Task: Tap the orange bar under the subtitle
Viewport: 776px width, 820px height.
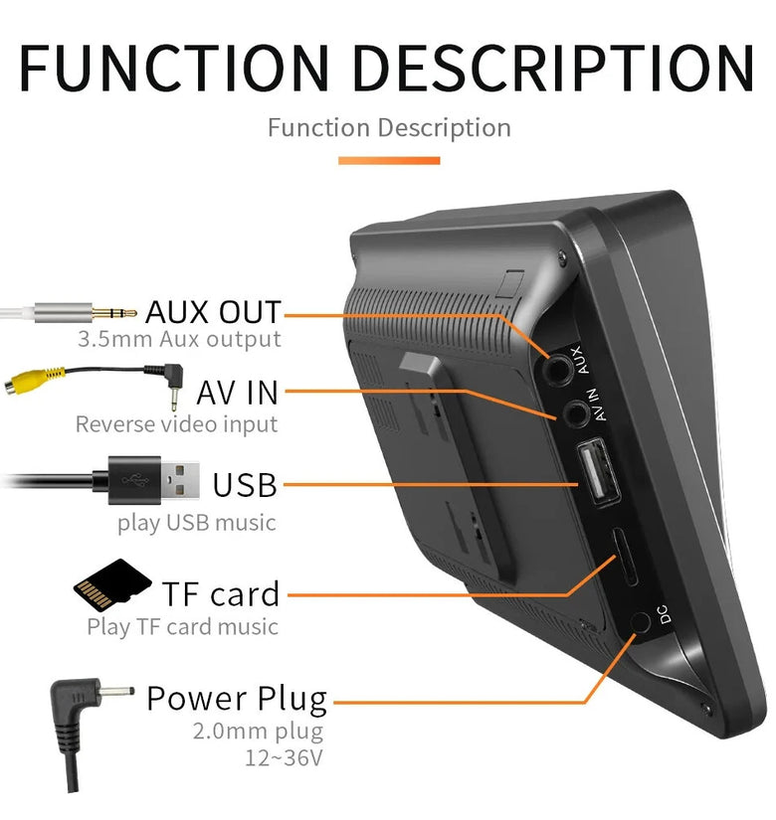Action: pyautogui.click(x=388, y=160)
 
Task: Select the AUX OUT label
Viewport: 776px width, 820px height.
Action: pyautogui.click(x=213, y=311)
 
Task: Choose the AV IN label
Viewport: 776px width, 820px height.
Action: pyautogui.click(x=237, y=392)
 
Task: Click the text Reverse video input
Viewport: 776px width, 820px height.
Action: pyautogui.click(x=176, y=424)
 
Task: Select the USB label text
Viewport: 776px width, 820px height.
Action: pyautogui.click(x=245, y=485)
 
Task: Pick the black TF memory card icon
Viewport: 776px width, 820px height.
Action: pyautogui.click(x=112, y=586)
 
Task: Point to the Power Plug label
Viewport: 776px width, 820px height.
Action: pyautogui.click(x=236, y=699)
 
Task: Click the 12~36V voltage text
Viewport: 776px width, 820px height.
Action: pyautogui.click(x=284, y=758)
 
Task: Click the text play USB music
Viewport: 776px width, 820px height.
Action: pyautogui.click(x=197, y=522)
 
